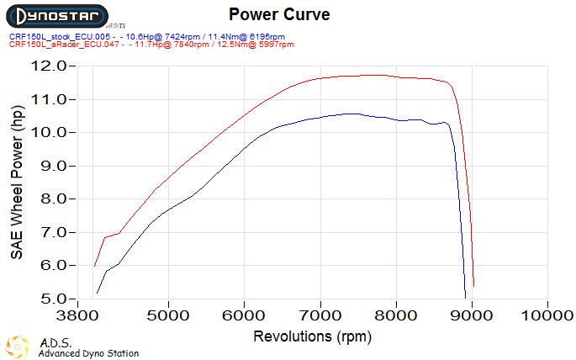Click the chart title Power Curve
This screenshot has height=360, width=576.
tap(279, 14)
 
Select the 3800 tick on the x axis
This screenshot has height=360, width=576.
tap(94, 315)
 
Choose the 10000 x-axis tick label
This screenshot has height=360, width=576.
tap(547, 315)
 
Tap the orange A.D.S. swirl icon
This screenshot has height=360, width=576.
tap(18, 346)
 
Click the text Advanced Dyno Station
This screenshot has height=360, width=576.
tap(88, 354)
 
